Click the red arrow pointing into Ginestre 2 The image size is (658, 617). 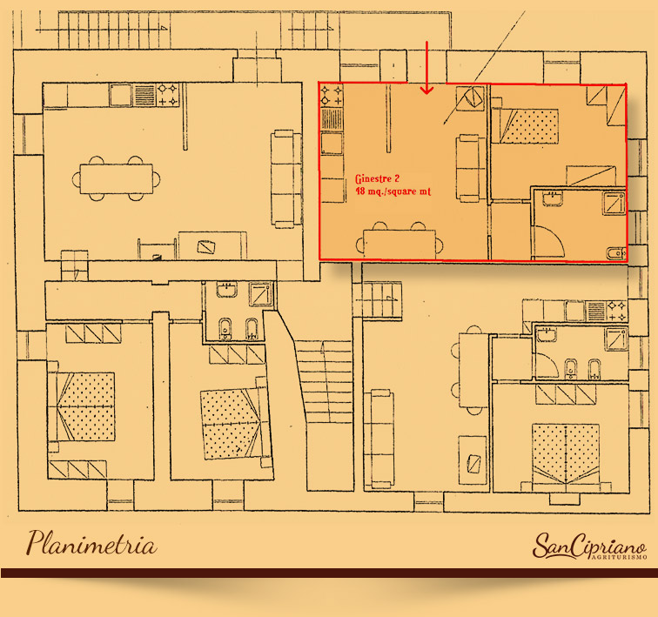pos(426,67)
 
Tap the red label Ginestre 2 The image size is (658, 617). pos(377,179)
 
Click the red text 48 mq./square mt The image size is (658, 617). pos(393,191)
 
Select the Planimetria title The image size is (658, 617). pos(92,543)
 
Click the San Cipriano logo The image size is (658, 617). pos(589,547)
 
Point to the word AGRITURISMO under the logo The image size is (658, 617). pos(620,557)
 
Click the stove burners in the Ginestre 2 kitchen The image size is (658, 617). pos(332,95)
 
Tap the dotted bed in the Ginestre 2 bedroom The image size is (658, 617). pos(529,126)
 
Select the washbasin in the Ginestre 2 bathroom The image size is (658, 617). pos(553,198)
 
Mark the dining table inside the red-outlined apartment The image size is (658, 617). pos(399,242)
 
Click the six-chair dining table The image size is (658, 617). pos(117,178)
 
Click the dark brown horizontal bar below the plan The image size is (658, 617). pos(329,573)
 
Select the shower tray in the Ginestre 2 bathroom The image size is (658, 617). pos(614,203)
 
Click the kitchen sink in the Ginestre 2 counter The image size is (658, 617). pos(332,143)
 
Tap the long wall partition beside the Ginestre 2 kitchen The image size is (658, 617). pos(388,117)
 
